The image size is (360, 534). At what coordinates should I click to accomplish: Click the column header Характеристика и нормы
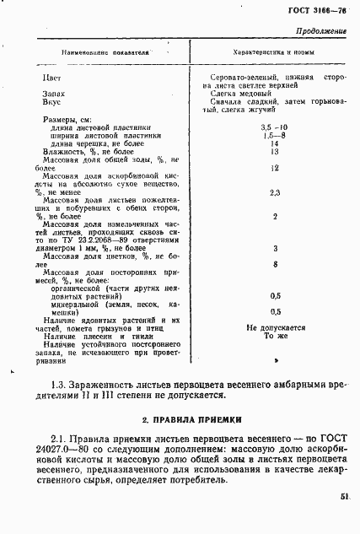coord(268,51)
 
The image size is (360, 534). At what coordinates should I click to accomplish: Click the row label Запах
coord(53,94)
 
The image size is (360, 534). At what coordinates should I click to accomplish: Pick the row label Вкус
coord(51,102)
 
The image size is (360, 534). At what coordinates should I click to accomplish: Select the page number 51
coord(345,499)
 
